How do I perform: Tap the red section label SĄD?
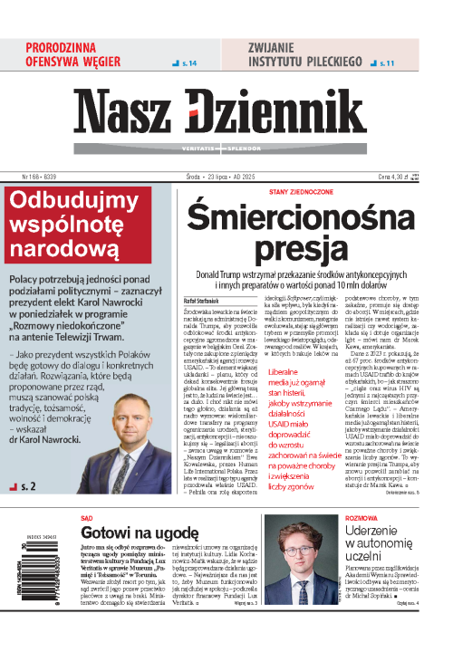[x=86, y=519]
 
